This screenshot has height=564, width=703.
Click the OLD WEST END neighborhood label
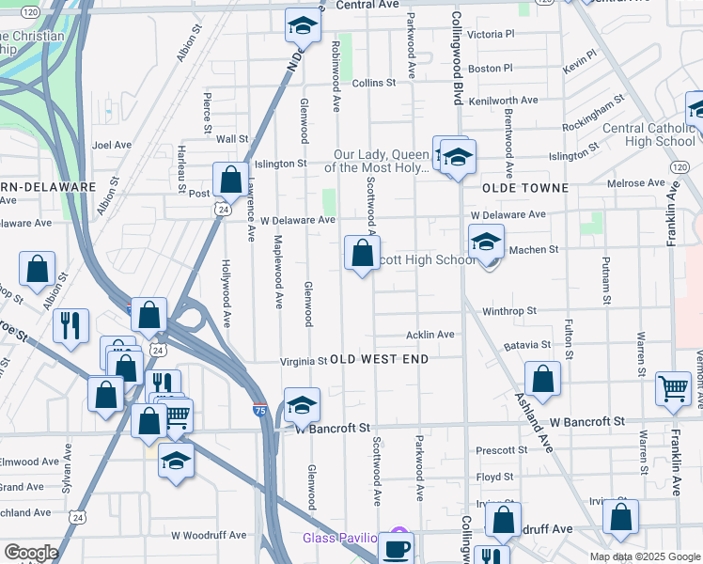[x=379, y=359]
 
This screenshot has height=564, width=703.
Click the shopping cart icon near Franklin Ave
[x=673, y=387]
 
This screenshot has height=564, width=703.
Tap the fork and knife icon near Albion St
[x=70, y=325]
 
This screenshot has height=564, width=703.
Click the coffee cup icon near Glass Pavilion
[x=397, y=547]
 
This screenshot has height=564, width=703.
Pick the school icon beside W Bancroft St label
[x=302, y=405]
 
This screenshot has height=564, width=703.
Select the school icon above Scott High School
[x=487, y=242]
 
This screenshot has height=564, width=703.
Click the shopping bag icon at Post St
[x=230, y=180]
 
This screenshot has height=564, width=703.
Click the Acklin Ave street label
[x=430, y=335]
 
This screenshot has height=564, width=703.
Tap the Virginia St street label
[x=304, y=361]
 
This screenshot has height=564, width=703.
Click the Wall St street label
[x=231, y=138]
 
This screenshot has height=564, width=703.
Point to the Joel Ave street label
[x=112, y=146]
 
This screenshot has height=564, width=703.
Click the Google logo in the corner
[x=31, y=553]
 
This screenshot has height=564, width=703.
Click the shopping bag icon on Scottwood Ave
[x=362, y=253]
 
